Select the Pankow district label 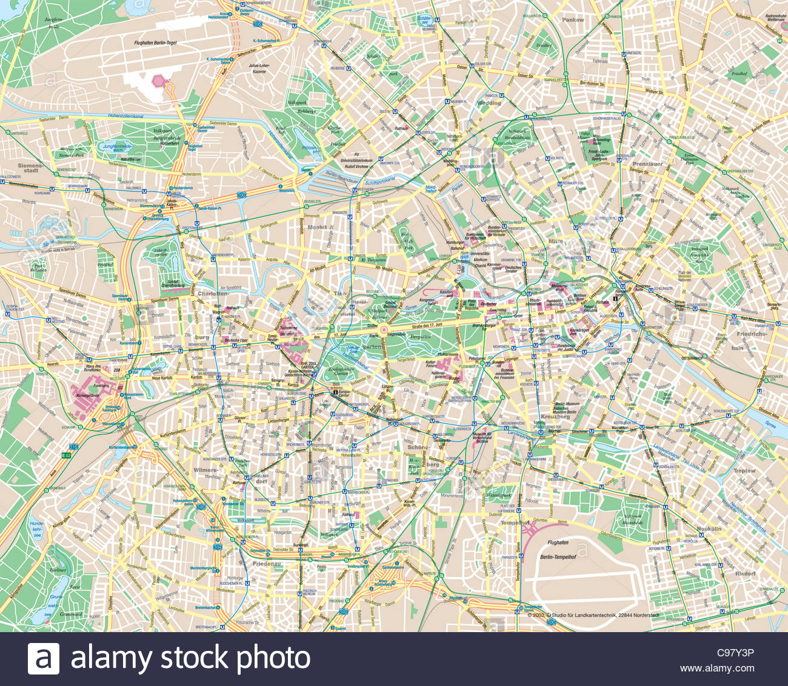point(572,20)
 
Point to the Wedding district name point(489,103)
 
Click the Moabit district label point(316,228)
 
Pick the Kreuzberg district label point(556,417)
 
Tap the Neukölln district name point(708,529)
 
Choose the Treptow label point(744,470)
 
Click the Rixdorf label point(745,573)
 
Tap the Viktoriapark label point(498,495)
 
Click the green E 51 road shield point(66,454)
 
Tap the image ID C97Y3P point(735,653)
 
